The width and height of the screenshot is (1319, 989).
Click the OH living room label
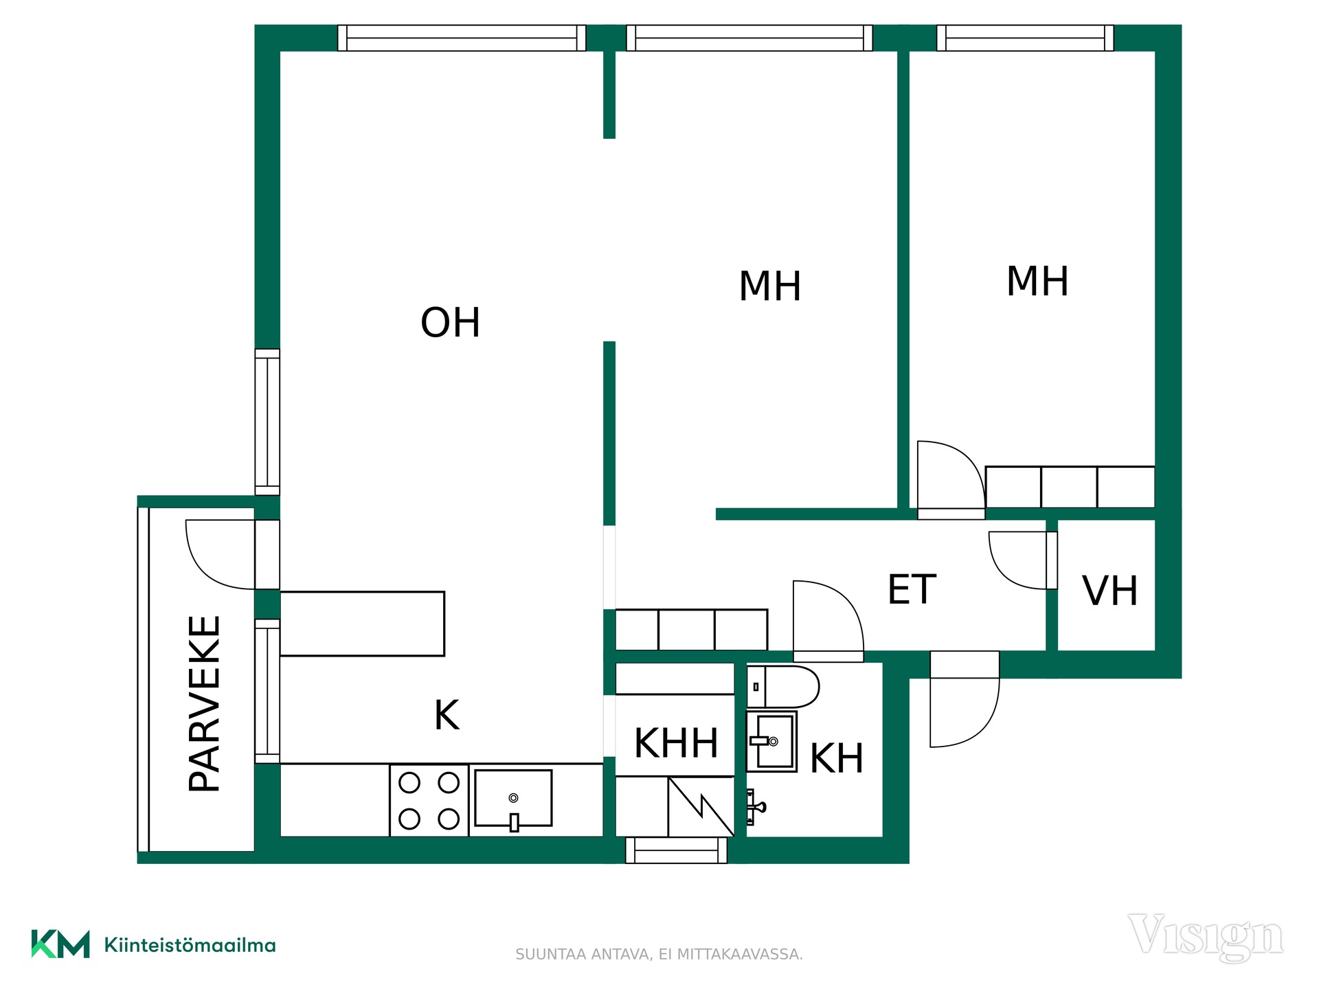click(450, 323)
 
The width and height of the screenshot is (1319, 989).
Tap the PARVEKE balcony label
click(205, 704)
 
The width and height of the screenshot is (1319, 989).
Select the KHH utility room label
click(676, 743)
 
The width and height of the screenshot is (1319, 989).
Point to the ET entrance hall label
click(912, 589)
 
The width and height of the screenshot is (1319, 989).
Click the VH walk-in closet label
click(1110, 591)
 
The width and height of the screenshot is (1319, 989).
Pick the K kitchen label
click(447, 715)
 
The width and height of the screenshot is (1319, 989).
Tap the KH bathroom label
click(837, 758)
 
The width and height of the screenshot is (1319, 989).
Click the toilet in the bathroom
click(783, 687)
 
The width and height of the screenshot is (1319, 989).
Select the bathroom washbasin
click(771, 742)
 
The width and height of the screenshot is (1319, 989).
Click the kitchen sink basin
click(513, 798)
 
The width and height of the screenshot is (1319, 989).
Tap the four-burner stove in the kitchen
click(429, 801)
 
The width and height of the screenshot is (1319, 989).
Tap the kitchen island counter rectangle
click(363, 624)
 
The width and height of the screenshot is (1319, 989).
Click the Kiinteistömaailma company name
click(190, 945)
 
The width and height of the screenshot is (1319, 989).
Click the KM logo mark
click(60, 944)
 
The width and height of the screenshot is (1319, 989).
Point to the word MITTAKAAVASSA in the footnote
click(740, 955)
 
